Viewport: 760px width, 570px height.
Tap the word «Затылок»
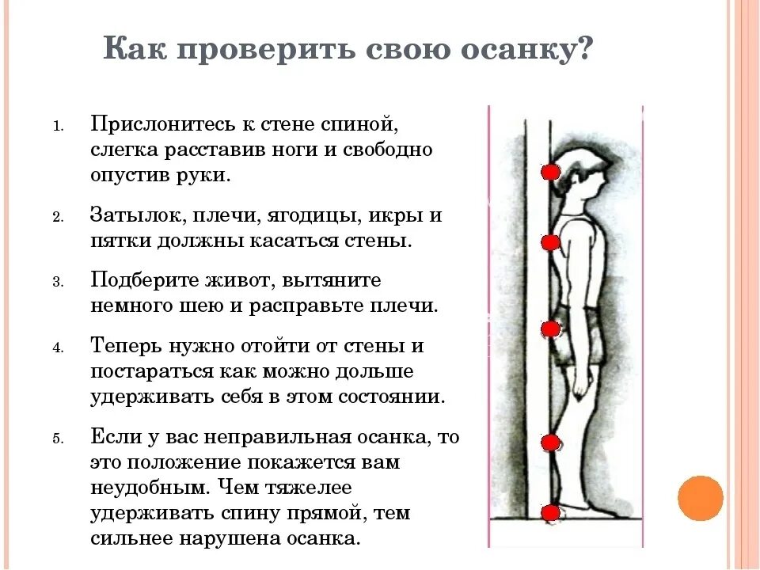(129, 216)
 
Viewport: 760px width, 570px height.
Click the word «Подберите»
(139, 281)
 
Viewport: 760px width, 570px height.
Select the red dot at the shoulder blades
(549, 243)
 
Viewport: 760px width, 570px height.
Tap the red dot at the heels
(549, 514)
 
